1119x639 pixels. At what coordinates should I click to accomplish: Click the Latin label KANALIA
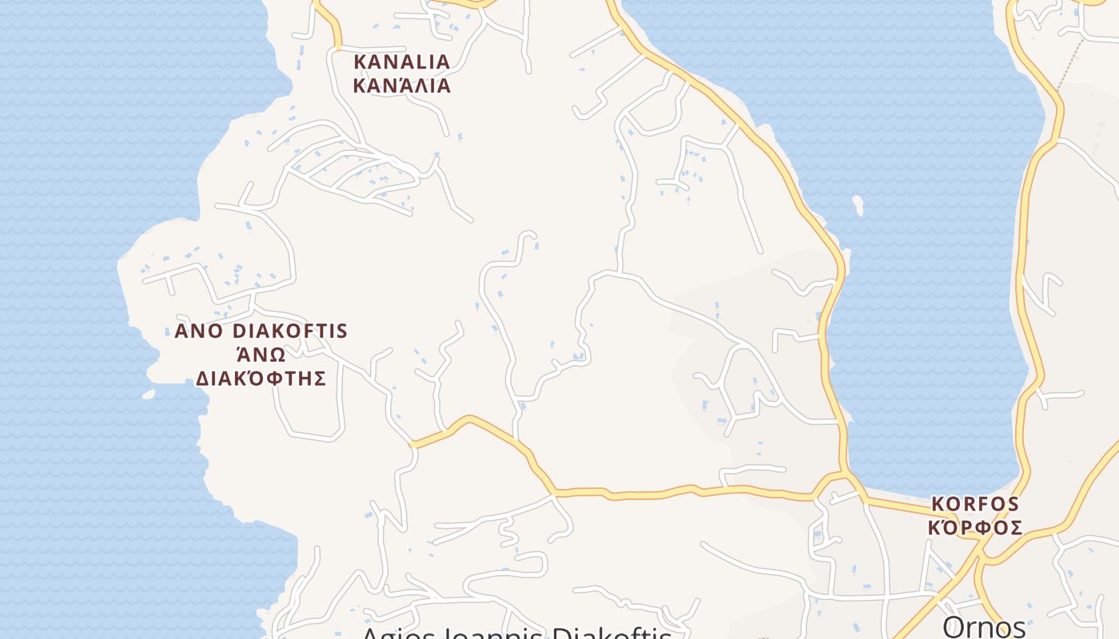(x=401, y=62)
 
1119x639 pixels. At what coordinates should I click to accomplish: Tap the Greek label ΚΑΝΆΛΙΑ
(x=401, y=85)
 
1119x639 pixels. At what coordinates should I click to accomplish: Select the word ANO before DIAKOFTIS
(x=197, y=331)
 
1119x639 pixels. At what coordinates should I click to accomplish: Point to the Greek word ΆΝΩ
(x=261, y=354)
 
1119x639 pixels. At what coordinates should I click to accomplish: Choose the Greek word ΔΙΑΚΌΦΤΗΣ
(x=261, y=378)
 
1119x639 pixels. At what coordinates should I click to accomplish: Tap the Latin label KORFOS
(x=975, y=504)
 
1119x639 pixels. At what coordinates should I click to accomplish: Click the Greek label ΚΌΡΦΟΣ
(x=975, y=528)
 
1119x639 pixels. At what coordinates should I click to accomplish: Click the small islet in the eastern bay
(x=858, y=204)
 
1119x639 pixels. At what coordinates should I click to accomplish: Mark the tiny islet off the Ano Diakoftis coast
(x=149, y=394)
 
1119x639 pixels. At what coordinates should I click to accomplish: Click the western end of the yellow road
(x=412, y=443)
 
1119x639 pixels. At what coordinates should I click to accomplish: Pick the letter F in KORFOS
(x=981, y=504)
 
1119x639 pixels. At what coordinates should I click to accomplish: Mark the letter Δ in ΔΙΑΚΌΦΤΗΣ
(x=203, y=378)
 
